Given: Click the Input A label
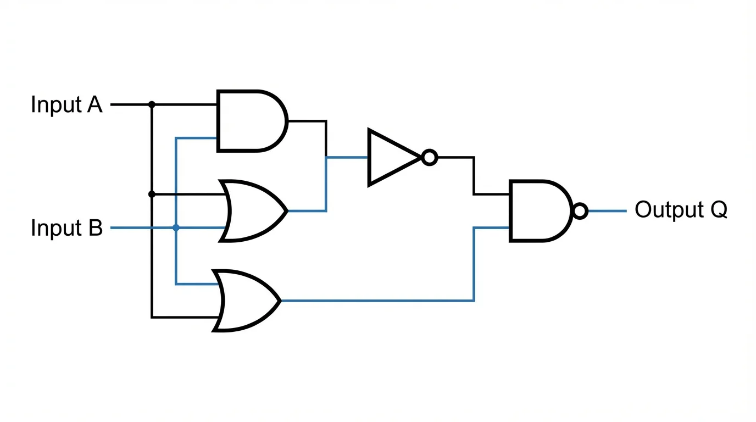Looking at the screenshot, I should click(66, 104).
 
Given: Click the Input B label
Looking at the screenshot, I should click(66, 227).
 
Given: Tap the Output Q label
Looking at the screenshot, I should click(681, 210).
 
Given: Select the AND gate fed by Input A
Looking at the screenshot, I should click(250, 121).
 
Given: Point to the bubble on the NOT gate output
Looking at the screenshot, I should click(430, 158).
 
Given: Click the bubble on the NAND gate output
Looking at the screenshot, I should click(580, 210).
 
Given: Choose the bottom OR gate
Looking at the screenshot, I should click(247, 301).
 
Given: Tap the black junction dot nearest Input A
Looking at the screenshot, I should click(152, 104).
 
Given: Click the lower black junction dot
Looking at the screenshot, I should click(152, 194).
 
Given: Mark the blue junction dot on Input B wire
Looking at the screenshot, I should click(176, 227).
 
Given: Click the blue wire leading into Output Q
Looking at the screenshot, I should click(607, 210).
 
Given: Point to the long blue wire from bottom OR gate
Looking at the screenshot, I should click(379, 301).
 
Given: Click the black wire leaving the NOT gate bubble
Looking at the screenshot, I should click(456, 158).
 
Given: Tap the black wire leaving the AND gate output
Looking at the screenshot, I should click(308, 121).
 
